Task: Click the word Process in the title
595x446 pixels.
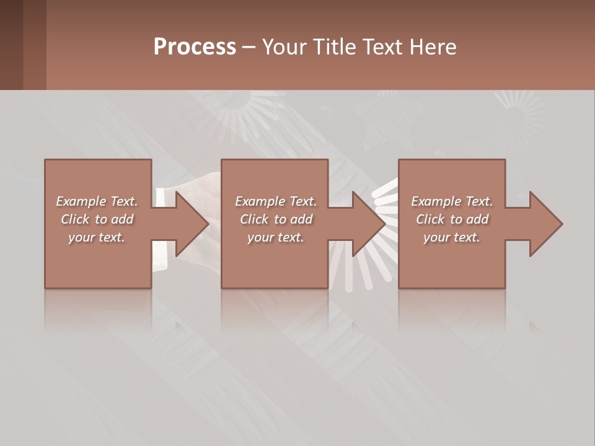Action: coord(195,47)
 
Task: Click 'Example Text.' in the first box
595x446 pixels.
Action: coord(97,201)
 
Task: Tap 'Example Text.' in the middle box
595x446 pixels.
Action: coord(275,201)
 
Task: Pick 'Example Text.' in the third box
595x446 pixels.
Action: coord(452,201)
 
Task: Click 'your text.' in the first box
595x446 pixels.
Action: coord(97,237)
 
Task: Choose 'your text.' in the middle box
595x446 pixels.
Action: coord(275,237)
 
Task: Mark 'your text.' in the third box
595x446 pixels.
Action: coord(452,237)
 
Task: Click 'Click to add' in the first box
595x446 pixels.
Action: coord(97,219)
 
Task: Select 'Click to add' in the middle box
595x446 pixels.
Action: coord(275,219)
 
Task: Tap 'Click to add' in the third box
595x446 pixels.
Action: coord(452,219)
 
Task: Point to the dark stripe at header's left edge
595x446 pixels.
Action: coord(11,45)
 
